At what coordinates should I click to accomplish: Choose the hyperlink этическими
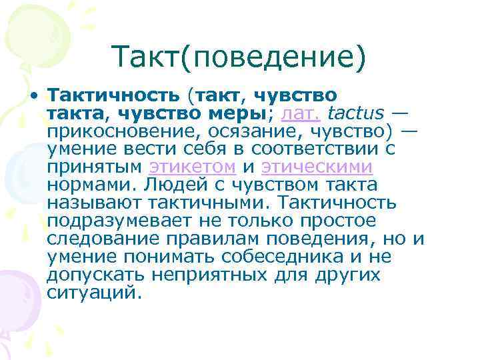317,166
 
